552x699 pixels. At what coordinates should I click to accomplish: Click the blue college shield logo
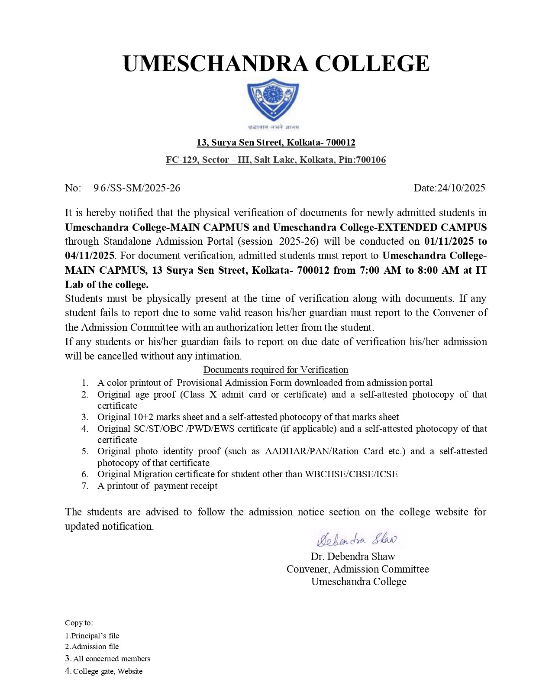tap(273, 100)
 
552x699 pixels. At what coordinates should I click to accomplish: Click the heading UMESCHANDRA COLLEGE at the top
tap(276, 63)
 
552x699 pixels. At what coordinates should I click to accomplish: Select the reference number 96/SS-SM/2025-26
tap(137, 188)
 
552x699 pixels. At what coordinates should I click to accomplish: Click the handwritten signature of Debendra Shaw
tap(357, 539)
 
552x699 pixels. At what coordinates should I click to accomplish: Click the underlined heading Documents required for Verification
tap(276, 370)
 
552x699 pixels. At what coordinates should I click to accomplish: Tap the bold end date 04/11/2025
tap(90, 256)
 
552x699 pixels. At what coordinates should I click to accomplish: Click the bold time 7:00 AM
tap(381, 270)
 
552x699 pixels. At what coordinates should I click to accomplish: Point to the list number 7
tap(85, 485)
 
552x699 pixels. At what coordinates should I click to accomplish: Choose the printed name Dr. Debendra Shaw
tap(353, 557)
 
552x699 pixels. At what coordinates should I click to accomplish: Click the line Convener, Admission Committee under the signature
tap(358, 569)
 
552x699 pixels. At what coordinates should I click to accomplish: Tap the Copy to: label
tap(79, 623)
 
